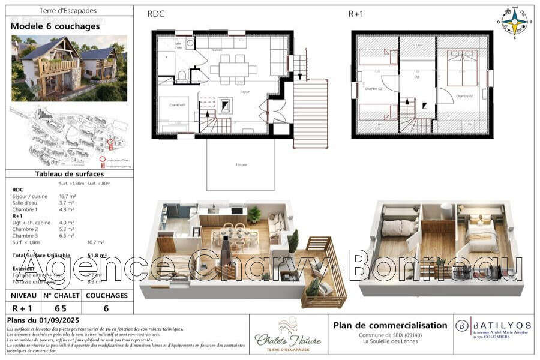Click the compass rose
[x=514, y=22]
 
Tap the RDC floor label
[x=156, y=14]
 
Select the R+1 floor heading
[x=356, y=14]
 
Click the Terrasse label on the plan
[x=241, y=163]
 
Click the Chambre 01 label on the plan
[x=176, y=105]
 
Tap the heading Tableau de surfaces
[x=69, y=174]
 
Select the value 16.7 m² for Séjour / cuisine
[x=67, y=196]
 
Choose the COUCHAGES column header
[x=106, y=295]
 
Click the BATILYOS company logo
[x=492, y=327]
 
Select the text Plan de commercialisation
[x=390, y=325]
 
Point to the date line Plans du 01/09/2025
[x=43, y=320]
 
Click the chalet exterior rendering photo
[x=69, y=68]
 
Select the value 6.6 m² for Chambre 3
[x=67, y=236]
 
